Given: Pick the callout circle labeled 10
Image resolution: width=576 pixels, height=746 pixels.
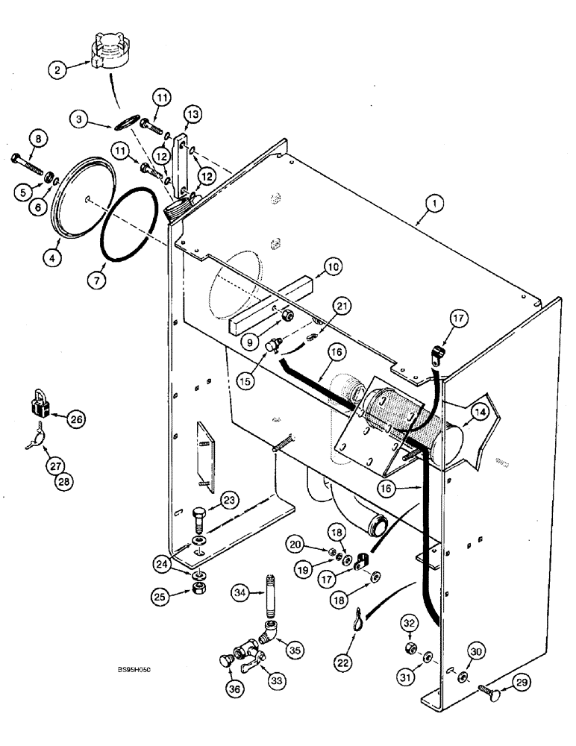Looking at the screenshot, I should pyautogui.click(x=332, y=265).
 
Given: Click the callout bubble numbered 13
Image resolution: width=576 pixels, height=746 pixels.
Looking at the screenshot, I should pyautogui.click(x=192, y=114).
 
